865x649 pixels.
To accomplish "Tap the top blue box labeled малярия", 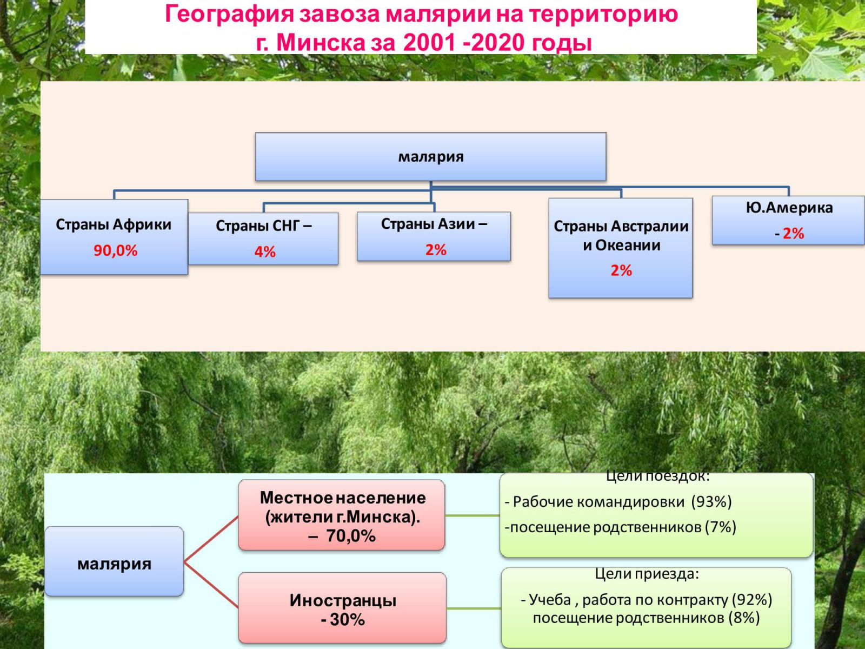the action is (x=431, y=157).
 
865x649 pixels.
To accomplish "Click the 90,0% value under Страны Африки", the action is (x=116, y=250).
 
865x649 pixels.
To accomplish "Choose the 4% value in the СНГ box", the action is (x=265, y=252).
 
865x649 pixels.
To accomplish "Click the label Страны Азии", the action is (x=428, y=224).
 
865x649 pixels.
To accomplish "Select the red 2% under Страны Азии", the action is (x=436, y=250).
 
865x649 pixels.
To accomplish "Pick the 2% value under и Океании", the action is (x=622, y=270).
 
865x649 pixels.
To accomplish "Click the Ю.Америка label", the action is (x=789, y=208).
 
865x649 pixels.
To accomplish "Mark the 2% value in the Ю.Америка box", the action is (x=793, y=233).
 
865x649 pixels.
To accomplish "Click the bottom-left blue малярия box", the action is (x=114, y=561).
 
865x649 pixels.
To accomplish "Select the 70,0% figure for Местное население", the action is (x=351, y=536).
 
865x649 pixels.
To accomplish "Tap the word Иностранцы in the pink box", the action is (x=343, y=600).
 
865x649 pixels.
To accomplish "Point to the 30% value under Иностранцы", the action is (x=347, y=620).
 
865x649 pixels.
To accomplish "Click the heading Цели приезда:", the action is (x=647, y=574).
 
